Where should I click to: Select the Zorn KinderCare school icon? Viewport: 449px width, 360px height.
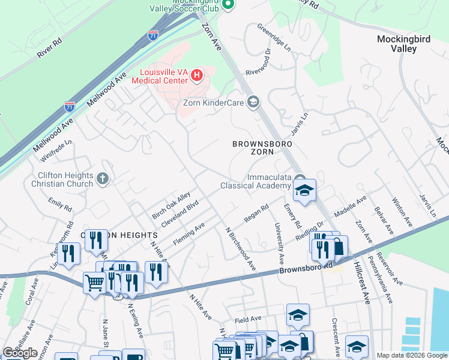pos(253,102)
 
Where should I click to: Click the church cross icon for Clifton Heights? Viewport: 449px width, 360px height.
pos(103,178)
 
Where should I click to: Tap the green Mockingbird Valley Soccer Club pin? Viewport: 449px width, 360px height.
pos(228,5)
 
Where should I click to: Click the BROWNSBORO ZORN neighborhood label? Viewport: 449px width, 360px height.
pos(262,148)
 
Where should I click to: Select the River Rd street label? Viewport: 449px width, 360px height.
pos(49,48)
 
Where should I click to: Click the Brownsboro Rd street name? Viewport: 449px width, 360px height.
pos(306,268)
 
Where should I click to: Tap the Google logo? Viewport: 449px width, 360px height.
pos(20,352)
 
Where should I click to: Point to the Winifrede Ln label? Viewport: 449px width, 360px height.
pos(56,151)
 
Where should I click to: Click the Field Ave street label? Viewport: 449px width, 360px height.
pos(249,319)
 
